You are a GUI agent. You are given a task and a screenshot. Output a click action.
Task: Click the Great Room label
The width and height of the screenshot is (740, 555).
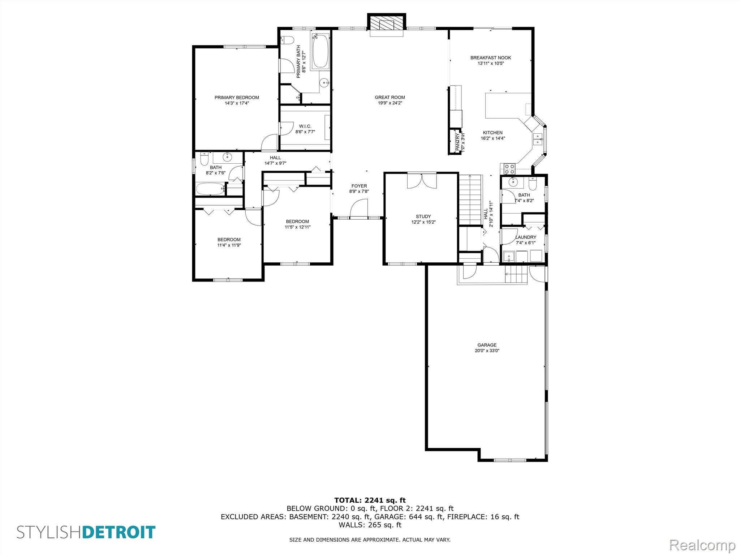(x=390, y=97)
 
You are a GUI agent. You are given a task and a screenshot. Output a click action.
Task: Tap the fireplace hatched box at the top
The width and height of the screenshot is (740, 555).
(x=386, y=24)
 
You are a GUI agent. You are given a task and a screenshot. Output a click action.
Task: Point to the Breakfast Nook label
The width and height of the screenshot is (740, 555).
(x=490, y=58)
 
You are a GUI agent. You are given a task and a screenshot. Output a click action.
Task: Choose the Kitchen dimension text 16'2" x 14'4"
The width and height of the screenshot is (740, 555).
(x=492, y=138)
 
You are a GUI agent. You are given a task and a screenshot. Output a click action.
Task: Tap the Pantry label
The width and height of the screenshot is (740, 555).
(x=458, y=142)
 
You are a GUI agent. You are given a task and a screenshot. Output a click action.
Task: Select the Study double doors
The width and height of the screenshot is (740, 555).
(x=422, y=181)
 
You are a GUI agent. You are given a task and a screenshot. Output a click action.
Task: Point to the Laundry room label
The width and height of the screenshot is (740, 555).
(x=525, y=237)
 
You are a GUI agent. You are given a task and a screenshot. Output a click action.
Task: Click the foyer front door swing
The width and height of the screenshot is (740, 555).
(x=358, y=208)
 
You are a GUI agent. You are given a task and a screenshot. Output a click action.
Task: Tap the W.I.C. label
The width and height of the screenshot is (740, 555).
(x=305, y=126)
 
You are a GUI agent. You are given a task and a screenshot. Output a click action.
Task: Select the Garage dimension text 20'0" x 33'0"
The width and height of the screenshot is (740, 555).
(x=487, y=350)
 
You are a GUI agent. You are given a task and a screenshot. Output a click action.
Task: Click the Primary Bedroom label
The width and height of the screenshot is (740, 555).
(x=237, y=98)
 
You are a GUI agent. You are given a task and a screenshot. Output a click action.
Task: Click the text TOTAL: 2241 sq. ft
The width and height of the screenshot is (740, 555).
(x=370, y=500)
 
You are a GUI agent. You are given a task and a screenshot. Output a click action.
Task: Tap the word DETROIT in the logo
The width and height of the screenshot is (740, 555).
(x=119, y=533)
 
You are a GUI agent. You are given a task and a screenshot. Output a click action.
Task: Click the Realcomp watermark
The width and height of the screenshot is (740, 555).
(x=702, y=545)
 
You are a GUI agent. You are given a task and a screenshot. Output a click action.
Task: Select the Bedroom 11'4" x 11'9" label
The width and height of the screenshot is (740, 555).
(x=229, y=240)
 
